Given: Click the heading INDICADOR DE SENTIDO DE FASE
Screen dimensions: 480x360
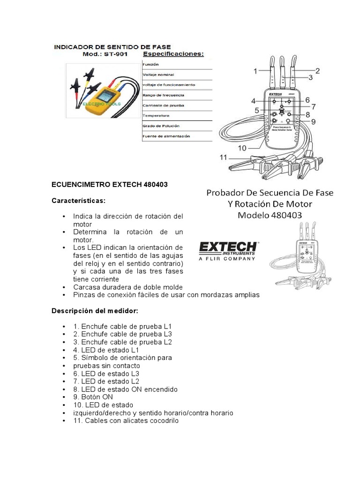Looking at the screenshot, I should tap(113, 47).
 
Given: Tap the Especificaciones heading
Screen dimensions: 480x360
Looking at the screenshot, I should tap(173, 54).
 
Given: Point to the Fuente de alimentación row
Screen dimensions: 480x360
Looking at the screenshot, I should tap(166, 136).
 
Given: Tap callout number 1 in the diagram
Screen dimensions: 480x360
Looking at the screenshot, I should tap(255, 71).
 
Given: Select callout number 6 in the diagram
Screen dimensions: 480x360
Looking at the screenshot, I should tap(307, 99).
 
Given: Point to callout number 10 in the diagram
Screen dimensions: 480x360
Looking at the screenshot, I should tap(242, 148).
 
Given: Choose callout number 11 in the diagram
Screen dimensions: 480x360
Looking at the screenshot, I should tap(224, 157).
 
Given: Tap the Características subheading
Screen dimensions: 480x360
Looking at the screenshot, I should tap(79, 201).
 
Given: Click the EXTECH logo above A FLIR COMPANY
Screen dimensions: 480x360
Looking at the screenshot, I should tap(228, 247).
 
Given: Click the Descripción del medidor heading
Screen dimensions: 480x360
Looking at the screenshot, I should tap(94, 310).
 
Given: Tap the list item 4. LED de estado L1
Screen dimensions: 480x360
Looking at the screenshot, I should tap(110, 350).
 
